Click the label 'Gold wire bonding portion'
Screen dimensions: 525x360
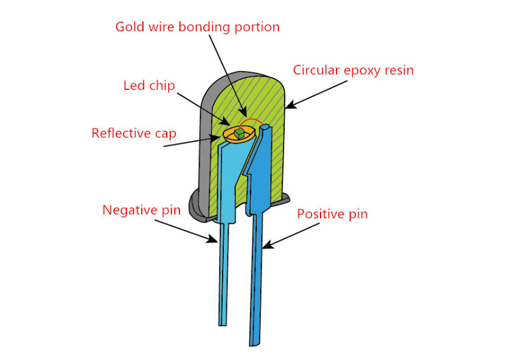(198, 27)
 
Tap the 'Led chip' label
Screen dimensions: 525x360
(149, 86)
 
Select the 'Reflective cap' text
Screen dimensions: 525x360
(134, 133)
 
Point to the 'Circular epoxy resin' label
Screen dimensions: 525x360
(353, 71)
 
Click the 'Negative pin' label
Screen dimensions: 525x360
(141, 210)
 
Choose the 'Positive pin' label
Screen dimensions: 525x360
(333, 214)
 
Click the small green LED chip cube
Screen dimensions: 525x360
(240, 134)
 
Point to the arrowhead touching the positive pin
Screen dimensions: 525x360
(268, 244)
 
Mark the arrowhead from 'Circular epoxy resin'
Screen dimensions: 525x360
(291, 105)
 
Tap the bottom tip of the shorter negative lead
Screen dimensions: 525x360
(223, 325)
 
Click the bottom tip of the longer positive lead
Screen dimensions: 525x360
(254, 345)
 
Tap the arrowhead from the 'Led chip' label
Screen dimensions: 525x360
(224, 121)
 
